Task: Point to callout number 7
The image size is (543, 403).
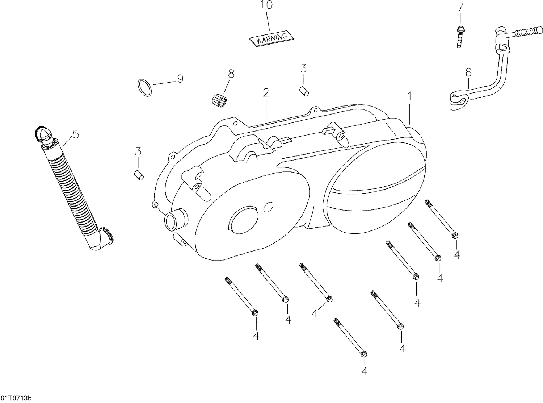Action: [460, 7]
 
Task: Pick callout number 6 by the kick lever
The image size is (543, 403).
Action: [468, 72]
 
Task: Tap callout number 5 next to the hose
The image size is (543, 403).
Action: [75, 134]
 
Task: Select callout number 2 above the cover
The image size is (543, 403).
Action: [266, 92]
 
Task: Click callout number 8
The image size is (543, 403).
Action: [231, 73]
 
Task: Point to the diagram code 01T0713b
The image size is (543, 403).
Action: [16, 398]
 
